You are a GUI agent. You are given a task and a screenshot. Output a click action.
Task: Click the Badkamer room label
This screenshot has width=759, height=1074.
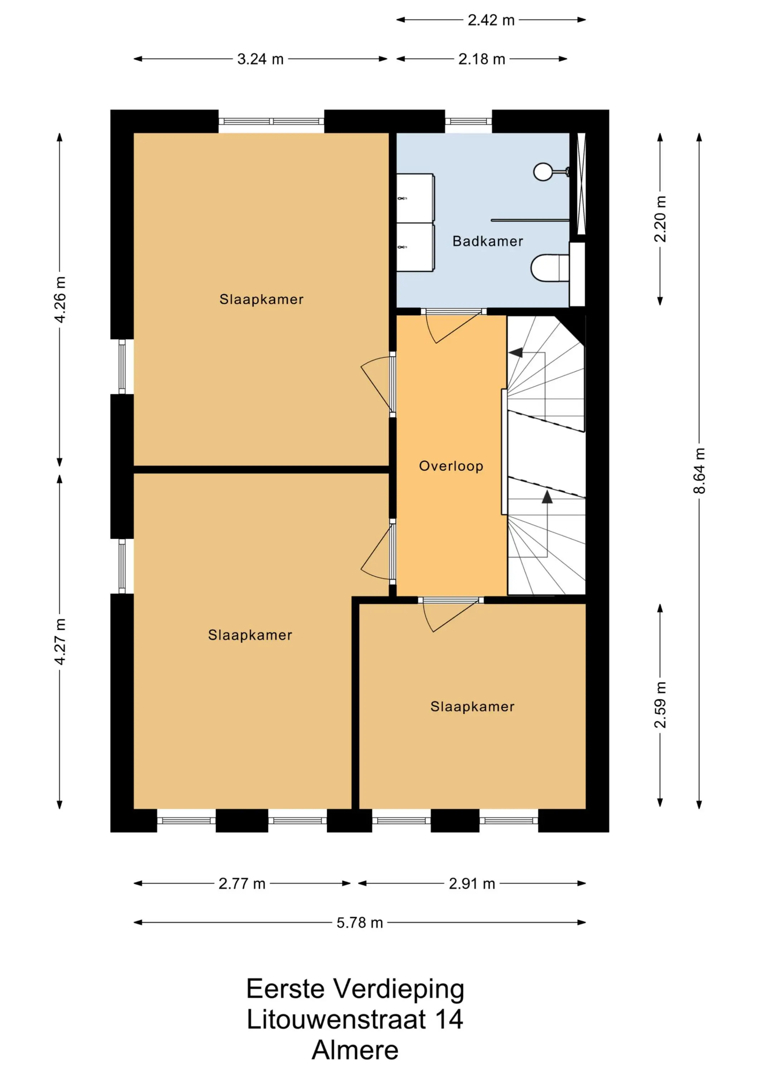[x=487, y=241]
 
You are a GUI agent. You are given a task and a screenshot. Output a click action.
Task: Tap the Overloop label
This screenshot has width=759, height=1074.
[x=451, y=466]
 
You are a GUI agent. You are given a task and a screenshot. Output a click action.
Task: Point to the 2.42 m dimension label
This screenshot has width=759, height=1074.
[x=491, y=20]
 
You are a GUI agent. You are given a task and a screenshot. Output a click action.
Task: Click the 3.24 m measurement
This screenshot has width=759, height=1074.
[x=261, y=59]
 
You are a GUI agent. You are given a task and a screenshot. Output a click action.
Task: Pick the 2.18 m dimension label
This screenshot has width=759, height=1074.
[x=482, y=59]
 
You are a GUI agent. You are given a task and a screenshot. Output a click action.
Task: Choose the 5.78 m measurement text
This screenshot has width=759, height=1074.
[x=360, y=923]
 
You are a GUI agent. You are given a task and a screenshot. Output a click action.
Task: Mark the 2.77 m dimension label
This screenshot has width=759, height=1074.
[x=242, y=884]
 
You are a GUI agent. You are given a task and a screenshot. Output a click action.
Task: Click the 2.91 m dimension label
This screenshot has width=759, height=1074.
[x=472, y=884]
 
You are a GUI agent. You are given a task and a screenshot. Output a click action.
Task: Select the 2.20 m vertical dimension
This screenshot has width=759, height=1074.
[x=660, y=218]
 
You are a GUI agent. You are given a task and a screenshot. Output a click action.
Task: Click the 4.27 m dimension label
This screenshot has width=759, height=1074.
[x=60, y=641]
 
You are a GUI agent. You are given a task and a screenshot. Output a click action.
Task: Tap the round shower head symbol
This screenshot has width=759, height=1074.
[x=543, y=172]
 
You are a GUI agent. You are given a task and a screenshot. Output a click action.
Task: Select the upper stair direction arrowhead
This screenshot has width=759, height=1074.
[x=515, y=352]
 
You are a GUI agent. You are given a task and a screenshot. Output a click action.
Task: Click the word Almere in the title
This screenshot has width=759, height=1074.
[x=355, y=1050]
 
